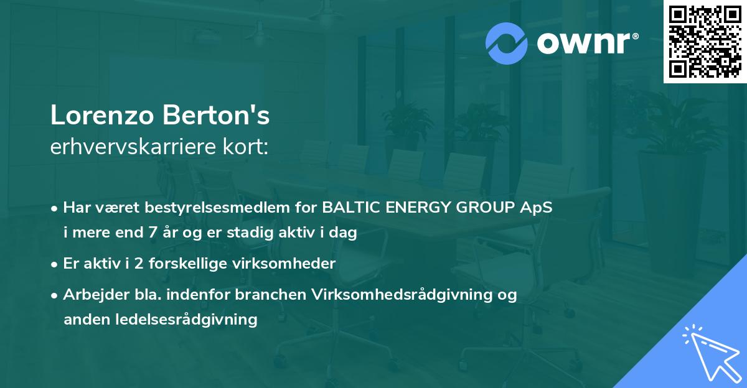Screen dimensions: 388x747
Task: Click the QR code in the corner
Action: pyautogui.click(x=705, y=42)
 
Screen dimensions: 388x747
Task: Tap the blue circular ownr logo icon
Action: pyautogui.click(x=507, y=43)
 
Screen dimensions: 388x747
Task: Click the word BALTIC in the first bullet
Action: pyautogui.click(x=349, y=208)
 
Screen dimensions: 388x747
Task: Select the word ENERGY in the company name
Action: pyautogui.click(x=416, y=208)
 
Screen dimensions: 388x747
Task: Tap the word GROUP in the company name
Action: pyautogui.click(x=485, y=208)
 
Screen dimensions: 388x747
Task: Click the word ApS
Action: pyautogui.click(x=536, y=208)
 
